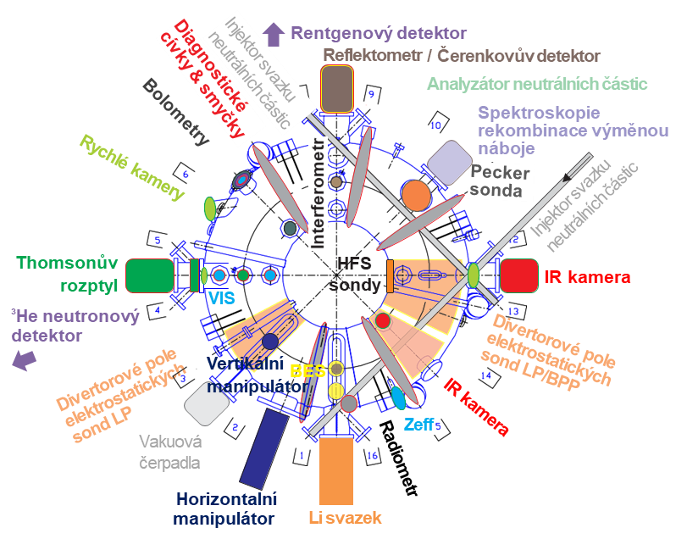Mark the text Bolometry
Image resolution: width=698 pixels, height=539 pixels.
(176, 113)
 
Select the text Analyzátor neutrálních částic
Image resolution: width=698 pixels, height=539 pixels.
(537, 84)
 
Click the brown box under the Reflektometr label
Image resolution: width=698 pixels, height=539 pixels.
(336, 89)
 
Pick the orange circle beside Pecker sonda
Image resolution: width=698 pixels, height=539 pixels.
(416, 195)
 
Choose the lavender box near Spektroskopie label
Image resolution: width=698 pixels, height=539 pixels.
(448, 159)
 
